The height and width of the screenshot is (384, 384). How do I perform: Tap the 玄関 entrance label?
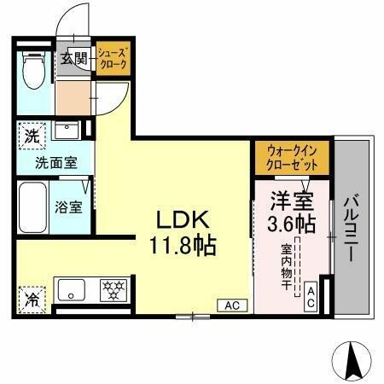[x=73, y=59]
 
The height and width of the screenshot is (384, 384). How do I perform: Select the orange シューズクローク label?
[x=112, y=59]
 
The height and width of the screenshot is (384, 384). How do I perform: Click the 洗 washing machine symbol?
[x=31, y=135]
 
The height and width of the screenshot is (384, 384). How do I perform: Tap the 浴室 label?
[x=69, y=207]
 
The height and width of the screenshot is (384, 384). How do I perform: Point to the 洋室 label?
[x=289, y=201]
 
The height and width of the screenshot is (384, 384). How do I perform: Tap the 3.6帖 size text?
[x=289, y=224]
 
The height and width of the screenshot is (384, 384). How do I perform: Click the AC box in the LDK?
[x=230, y=305]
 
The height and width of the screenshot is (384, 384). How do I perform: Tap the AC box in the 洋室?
[x=311, y=296]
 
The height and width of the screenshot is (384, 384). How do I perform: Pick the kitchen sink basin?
[x=69, y=287]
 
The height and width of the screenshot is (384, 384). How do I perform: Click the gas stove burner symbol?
[x=113, y=287]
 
